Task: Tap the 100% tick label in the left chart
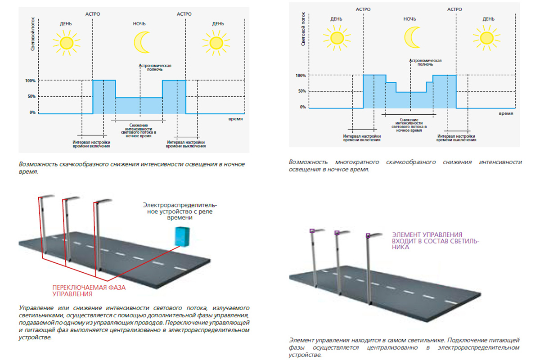click(x=30, y=81)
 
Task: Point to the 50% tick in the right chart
click(x=301, y=91)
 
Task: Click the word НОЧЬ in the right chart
click(x=409, y=19)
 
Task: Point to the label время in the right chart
click(x=506, y=114)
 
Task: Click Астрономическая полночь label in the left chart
click(x=155, y=67)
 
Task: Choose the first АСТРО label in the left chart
click(x=93, y=14)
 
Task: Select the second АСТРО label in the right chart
click(x=454, y=9)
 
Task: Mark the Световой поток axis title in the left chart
click(x=33, y=36)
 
